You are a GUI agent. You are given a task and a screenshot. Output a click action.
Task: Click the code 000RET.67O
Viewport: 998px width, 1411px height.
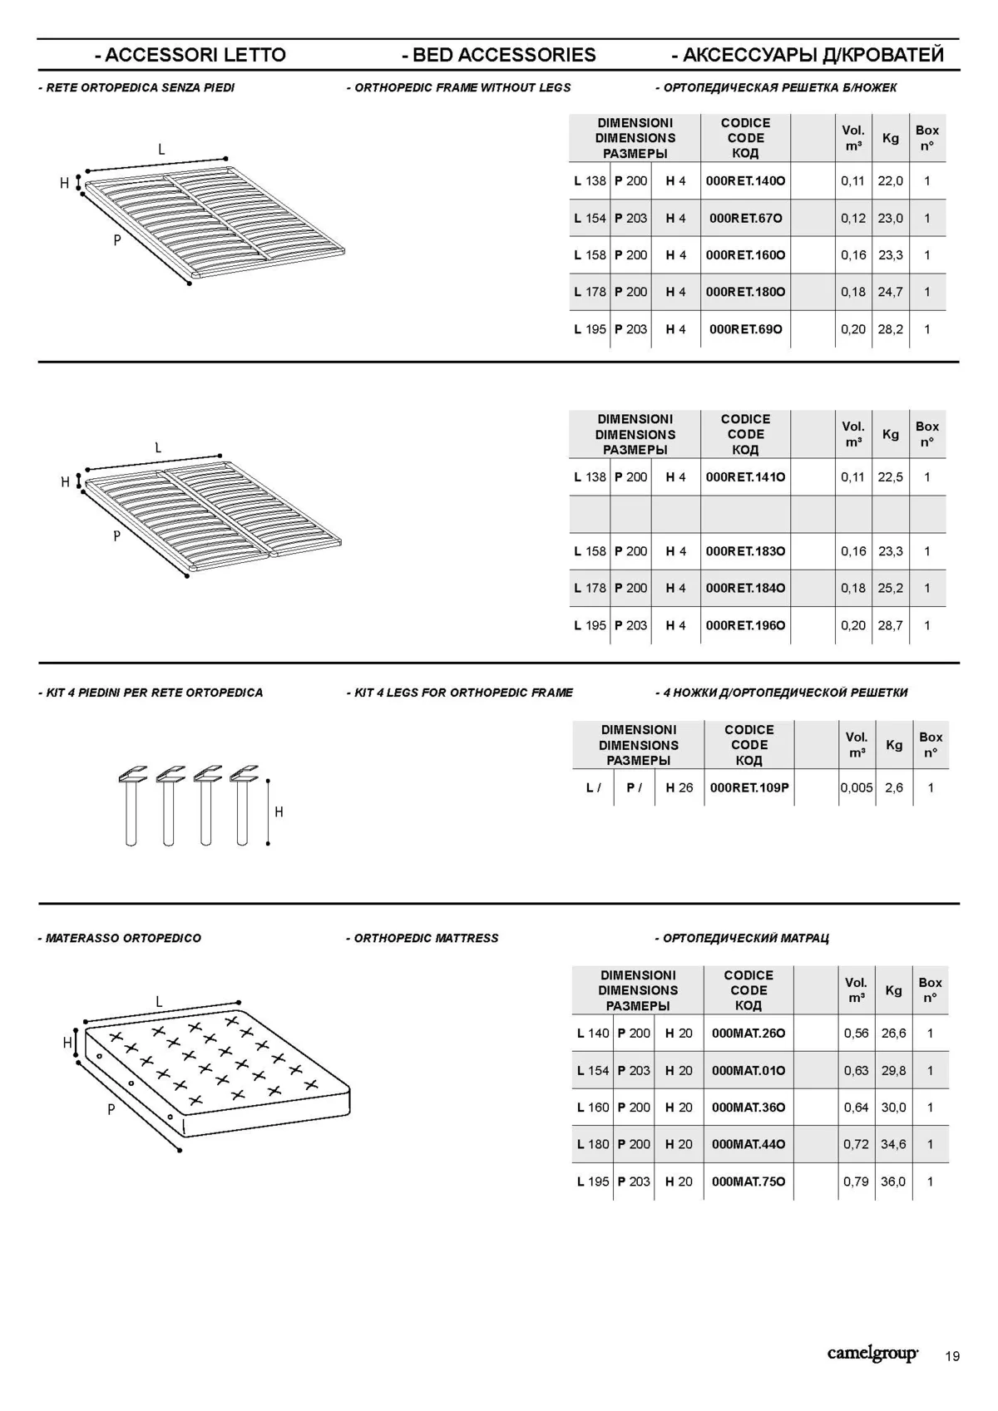coord(745,218)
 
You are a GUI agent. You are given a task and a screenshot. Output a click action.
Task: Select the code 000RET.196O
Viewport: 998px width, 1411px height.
coord(745,625)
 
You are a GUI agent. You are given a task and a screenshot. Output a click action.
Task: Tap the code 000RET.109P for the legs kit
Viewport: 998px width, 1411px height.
coord(748,787)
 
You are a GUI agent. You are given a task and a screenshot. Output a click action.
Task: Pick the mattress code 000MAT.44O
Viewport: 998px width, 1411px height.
coord(748,1144)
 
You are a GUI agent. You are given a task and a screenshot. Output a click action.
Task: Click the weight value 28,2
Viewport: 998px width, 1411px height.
coord(890,329)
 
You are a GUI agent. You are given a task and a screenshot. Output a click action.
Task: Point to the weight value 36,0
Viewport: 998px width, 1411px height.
coord(893,1182)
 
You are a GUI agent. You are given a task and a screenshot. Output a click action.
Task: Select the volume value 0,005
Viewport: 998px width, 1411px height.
coord(857,787)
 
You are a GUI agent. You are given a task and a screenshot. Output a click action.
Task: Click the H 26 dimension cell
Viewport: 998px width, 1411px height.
coord(679,787)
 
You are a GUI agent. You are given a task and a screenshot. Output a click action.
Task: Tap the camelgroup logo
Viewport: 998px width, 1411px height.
coord(872,1354)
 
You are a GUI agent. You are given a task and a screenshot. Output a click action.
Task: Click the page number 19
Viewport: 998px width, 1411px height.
coord(952,1356)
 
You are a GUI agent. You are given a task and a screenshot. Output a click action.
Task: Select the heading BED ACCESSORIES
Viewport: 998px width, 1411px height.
coord(499,55)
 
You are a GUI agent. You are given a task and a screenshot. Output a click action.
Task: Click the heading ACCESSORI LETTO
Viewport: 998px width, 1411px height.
coord(190,55)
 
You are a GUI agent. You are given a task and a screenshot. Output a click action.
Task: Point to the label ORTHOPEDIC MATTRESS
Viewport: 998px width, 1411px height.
coord(422,938)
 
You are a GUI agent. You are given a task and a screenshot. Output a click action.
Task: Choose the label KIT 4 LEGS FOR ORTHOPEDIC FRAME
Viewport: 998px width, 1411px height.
coord(460,693)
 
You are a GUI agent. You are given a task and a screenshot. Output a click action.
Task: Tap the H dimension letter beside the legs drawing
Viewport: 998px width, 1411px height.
coord(279,812)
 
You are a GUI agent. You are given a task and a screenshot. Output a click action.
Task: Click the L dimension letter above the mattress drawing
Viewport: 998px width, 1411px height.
coord(159,1002)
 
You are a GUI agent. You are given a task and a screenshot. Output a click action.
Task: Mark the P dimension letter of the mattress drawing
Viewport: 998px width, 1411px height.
coord(111,1109)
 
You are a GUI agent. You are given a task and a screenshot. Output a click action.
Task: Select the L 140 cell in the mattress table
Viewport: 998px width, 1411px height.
coord(593,1034)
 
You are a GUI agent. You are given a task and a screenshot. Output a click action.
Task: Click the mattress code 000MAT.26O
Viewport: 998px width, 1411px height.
coord(748,1034)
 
